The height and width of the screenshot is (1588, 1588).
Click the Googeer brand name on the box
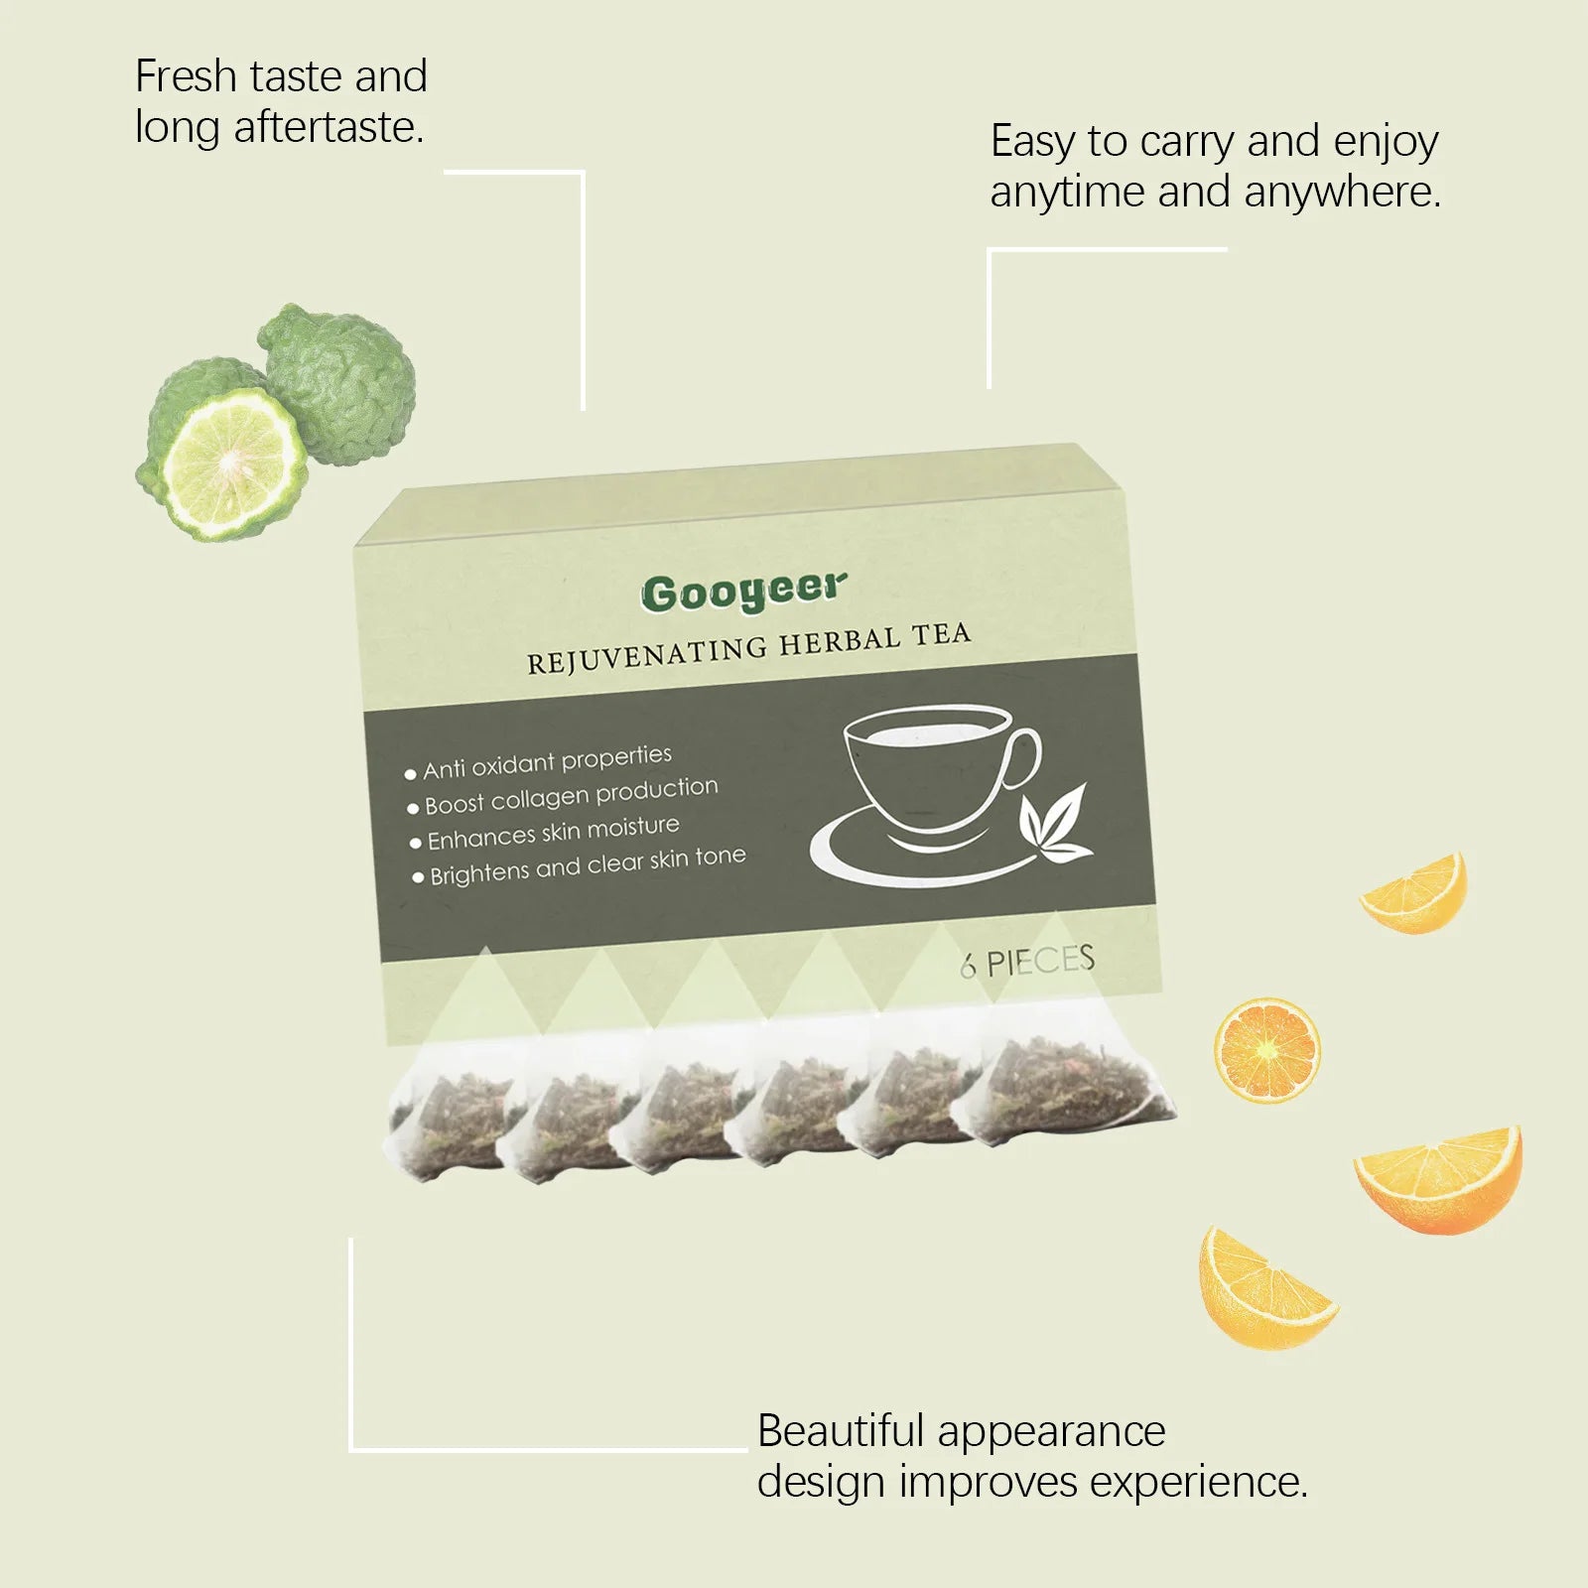tap(744, 592)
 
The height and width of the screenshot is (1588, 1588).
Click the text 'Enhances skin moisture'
tap(553, 832)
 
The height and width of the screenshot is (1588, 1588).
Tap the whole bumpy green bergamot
tap(342, 382)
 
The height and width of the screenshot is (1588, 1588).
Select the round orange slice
tap(1266, 1050)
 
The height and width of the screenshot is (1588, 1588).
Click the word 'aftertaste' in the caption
tap(328, 128)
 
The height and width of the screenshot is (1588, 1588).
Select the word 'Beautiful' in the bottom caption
tap(841, 1431)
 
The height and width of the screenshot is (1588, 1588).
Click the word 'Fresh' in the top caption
tap(186, 76)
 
